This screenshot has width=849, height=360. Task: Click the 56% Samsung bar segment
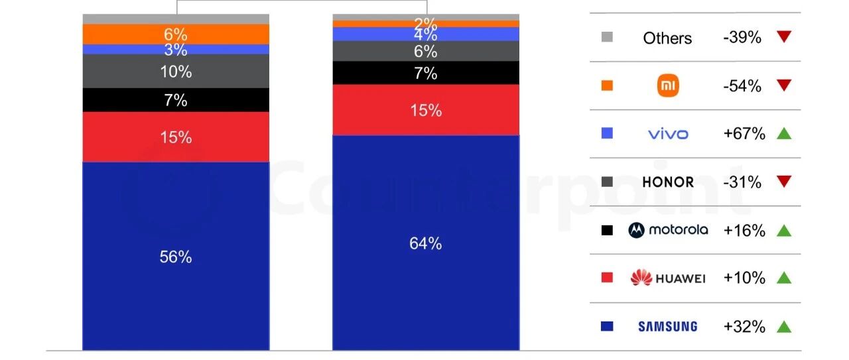point(176,257)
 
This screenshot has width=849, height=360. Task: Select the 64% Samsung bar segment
point(426,243)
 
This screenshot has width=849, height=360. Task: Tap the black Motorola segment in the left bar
point(176,100)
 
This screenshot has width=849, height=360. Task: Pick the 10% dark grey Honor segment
point(176,72)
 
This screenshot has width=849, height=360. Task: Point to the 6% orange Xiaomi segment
point(176,34)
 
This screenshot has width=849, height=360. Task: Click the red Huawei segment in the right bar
point(426,110)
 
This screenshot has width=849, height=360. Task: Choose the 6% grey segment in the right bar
point(426,51)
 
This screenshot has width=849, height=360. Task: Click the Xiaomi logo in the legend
point(668,86)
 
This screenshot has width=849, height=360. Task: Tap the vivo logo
point(668,134)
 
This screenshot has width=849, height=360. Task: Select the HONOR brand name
point(668,182)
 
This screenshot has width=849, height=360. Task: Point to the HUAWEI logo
point(668,278)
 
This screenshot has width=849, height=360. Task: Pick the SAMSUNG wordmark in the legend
point(668,326)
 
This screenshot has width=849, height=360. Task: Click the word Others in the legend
point(667,38)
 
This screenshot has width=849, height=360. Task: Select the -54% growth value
point(742,86)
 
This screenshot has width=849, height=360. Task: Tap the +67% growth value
point(744,134)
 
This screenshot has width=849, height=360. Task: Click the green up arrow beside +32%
point(784,326)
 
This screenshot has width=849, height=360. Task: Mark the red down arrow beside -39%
point(784,37)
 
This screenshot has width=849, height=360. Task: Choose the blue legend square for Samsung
point(607,326)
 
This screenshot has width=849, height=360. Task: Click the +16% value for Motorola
point(744,230)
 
